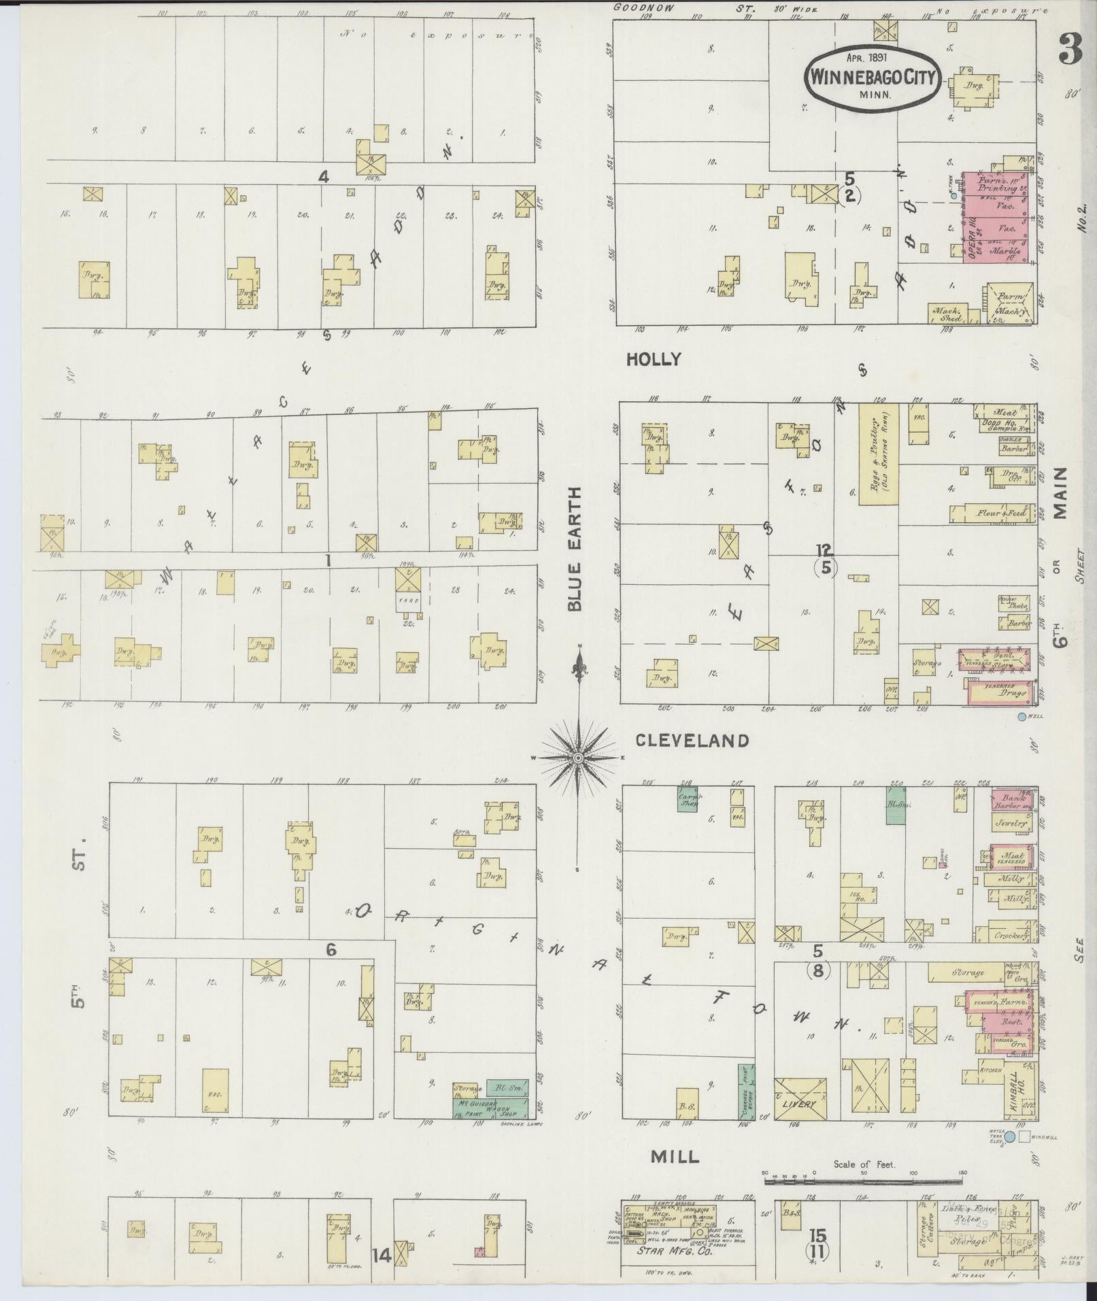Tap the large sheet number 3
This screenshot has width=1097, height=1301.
pos(1069,49)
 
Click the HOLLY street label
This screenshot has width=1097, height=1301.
pos(653,360)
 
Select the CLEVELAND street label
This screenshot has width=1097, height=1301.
pos(692,741)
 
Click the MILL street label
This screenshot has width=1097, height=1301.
pos(674,1156)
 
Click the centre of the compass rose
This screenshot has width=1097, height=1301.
pos(577,758)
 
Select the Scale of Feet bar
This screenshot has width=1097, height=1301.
pos(864,1182)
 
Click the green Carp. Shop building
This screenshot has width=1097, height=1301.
pos(689,798)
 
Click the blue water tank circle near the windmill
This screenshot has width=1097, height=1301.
pos(1010,1137)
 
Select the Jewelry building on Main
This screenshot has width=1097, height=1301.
pos(1010,823)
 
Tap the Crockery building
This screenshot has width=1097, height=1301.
pos(1008,935)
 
